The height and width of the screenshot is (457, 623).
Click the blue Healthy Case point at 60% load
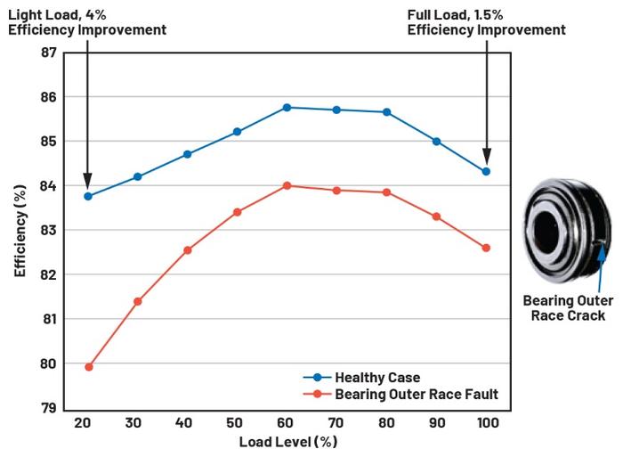coord(287,108)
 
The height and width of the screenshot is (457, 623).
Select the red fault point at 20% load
coord(88,366)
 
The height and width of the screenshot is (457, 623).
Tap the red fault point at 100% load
coord(486,248)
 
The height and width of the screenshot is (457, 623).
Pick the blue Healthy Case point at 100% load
coord(486,171)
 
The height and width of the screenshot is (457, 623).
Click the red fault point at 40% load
coord(188,250)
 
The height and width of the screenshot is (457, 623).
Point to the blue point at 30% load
coord(138,176)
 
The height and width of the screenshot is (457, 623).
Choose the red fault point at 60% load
coord(287,185)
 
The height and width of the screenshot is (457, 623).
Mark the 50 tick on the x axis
coord(237,422)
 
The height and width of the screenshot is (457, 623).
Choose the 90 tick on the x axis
coord(436,422)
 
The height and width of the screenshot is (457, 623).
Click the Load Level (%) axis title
coord(288,442)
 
